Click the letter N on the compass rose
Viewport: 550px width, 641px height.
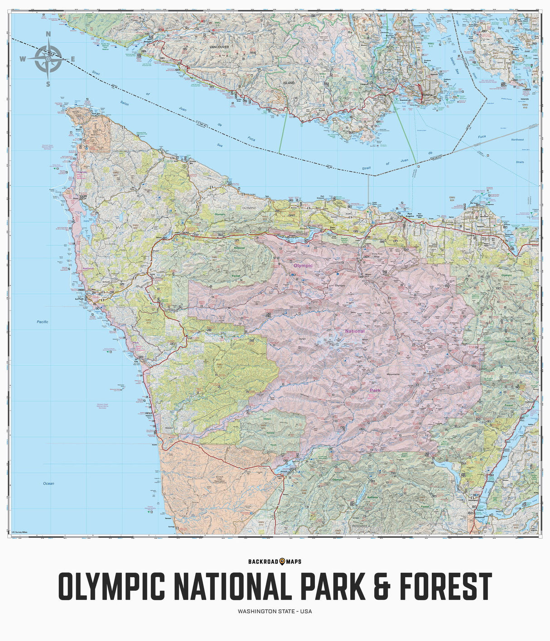[x=48, y=34]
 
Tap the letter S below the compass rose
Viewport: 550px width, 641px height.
[x=48, y=84]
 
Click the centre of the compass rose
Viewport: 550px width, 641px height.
[x=48, y=58]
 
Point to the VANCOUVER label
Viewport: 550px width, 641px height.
[x=219, y=47]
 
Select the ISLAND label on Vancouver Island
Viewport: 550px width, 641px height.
[x=289, y=83]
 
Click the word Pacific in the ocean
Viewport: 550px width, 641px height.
[x=43, y=322]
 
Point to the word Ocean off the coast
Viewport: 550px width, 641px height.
[x=48, y=483]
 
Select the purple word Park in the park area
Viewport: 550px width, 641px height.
[x=375, y=390]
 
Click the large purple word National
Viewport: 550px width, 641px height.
[x=355, y=331]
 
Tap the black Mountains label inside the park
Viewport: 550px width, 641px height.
[x=393, y=374]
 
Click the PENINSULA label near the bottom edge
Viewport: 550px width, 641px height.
[x=361, y=526]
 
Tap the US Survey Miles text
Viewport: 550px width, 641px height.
[x=19, y=532]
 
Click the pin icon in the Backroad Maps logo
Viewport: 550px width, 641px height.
[x=282, y=561]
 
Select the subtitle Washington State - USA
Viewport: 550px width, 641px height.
[x=275, y=611]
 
